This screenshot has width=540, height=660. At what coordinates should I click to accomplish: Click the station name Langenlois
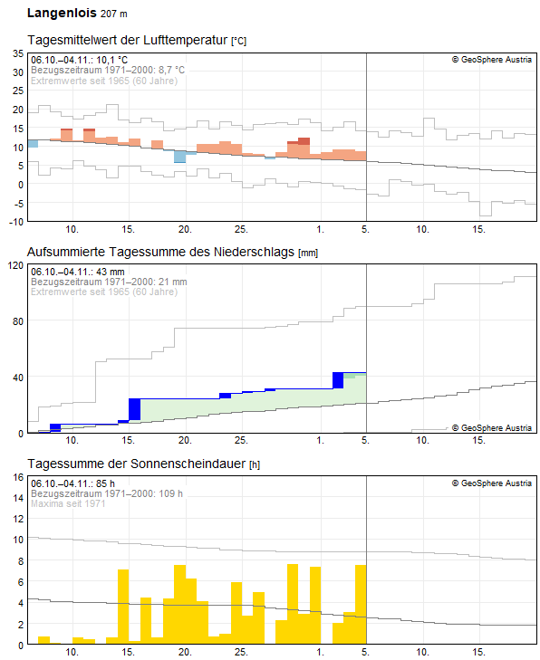tap(61, 14)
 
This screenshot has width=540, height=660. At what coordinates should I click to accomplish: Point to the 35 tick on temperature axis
tap(17, 53)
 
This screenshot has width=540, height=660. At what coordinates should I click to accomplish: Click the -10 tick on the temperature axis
tap(15, 222)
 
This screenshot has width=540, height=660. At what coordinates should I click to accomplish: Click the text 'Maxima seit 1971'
tap(68, 503)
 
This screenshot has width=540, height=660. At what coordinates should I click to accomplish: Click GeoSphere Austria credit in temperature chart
tap(491, 61)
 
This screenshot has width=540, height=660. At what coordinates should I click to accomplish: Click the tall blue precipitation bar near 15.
tap(134, 409)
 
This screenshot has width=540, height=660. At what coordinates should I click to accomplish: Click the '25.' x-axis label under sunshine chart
tap(241, 652)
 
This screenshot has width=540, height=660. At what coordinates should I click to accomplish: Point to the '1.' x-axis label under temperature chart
tap(320, 229)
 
